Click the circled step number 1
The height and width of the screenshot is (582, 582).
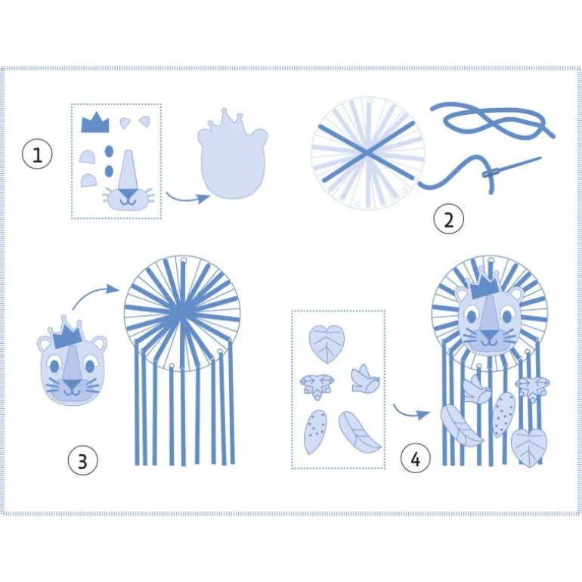point(37,154)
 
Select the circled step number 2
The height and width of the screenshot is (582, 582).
point(449,220)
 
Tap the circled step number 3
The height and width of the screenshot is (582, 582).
point(82,460)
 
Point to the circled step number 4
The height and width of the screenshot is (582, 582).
point(416,459)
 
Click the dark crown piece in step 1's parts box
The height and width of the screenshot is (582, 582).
point(95,122)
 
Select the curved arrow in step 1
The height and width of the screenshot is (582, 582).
point(187,198)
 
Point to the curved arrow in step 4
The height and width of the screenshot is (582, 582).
point(410,412)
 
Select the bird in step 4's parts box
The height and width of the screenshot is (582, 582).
point(365,378)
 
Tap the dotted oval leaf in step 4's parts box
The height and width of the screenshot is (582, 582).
point(315,432)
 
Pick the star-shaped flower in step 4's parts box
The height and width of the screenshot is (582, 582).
point(317,386)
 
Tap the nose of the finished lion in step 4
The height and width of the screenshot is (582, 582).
point(489,336)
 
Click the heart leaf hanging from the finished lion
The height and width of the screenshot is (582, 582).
point(528,447)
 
